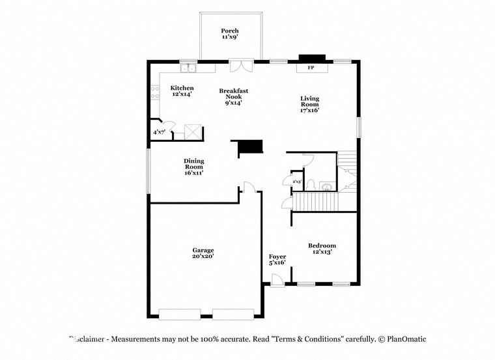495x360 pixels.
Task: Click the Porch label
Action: pyautogui.click(x=229, y=31)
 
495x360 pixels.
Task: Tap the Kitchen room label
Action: pyautogui.click(x=182, y=88)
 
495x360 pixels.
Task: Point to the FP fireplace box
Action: pyautogui.click(x=311, y=68)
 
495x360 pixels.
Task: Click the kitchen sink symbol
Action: pyautogui.click(x=189, y=67)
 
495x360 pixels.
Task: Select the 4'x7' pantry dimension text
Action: pyautogui.click(x=159, y=132)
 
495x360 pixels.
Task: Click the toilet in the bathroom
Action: pyautogui.click(x=311, y=184)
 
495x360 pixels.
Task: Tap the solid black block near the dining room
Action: pyautogui.click(x=249, y=147)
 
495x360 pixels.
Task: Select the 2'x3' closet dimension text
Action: pyautogui.click(x=296, y=182)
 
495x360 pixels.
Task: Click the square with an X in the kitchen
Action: pyautogui.click(x=193, y=132)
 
